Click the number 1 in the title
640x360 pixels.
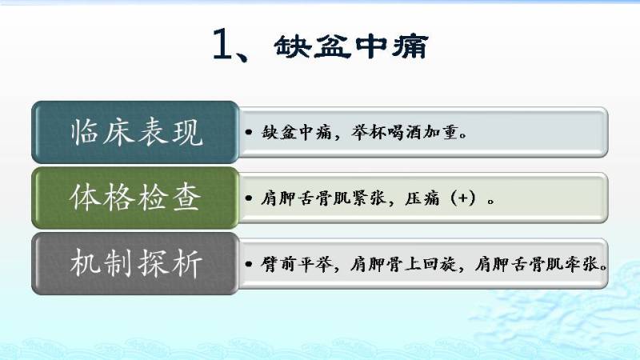[x=222, y=44]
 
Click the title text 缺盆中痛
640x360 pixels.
[x=351, y=46]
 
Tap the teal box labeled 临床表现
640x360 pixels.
[x=135, y=132]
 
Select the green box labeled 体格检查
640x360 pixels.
[x=135, y=198]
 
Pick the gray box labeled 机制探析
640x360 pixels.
[x=135, y=264]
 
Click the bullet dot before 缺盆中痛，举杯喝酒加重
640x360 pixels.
[x=249, y=132]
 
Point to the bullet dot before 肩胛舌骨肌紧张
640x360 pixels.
[x=249, y=198]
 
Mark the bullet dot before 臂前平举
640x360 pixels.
[x=249, y=264]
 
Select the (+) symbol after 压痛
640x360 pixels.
[x=463, y=198]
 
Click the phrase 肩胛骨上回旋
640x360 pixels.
[x=403, y=265]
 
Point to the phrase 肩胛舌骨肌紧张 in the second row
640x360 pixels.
[x=323, y=198]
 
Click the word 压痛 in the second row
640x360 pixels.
[x=422, y=198]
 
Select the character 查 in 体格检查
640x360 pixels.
[x=186, y=198]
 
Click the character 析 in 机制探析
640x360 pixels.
[x=187, y=264]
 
